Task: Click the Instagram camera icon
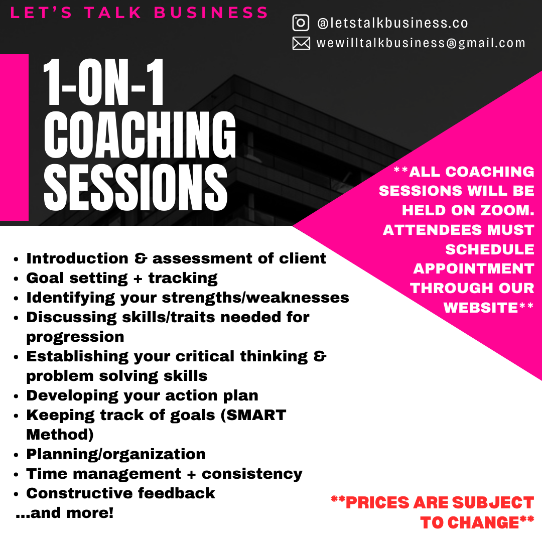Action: [x=301, y=23]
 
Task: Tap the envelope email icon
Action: [x=301, y=43]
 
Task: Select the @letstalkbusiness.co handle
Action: [x=392, y=23]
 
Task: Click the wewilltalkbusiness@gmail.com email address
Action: [x=421, y=43]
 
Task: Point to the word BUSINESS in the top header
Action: [x=211, y=13]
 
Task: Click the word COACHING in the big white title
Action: [x=140, y=134]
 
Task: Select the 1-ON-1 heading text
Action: [x=103, y=82]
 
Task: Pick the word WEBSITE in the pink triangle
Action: [x=481, y=307]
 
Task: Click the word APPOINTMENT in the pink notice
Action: [x=474, y=268]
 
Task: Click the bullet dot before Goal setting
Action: [x=16, y=279]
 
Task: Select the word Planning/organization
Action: [x=116, y=454]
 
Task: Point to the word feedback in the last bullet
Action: [x=176, y=493]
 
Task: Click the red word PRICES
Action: [x=377, y=502]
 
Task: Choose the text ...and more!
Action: [x=65, y=512]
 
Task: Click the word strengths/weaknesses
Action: [x=255, y=298]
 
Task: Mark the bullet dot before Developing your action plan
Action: [x=16, y=396]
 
